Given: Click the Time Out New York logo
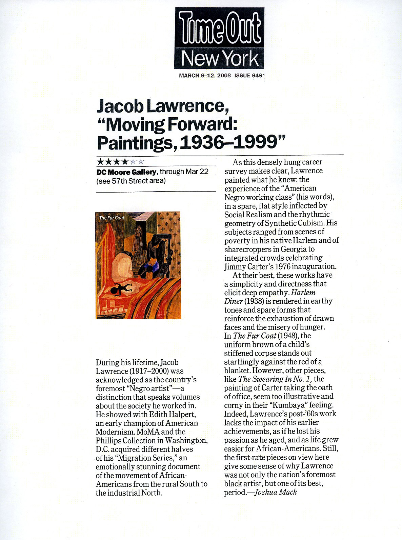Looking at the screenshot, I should [x=219, y=38].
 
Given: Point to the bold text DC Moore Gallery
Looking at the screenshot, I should [x=126, y=172].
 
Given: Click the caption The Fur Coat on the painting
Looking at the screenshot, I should [x=112, y=218].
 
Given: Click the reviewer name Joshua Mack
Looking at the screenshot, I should [x=276, y=492].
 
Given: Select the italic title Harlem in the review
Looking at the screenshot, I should [x=303, y=292].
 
